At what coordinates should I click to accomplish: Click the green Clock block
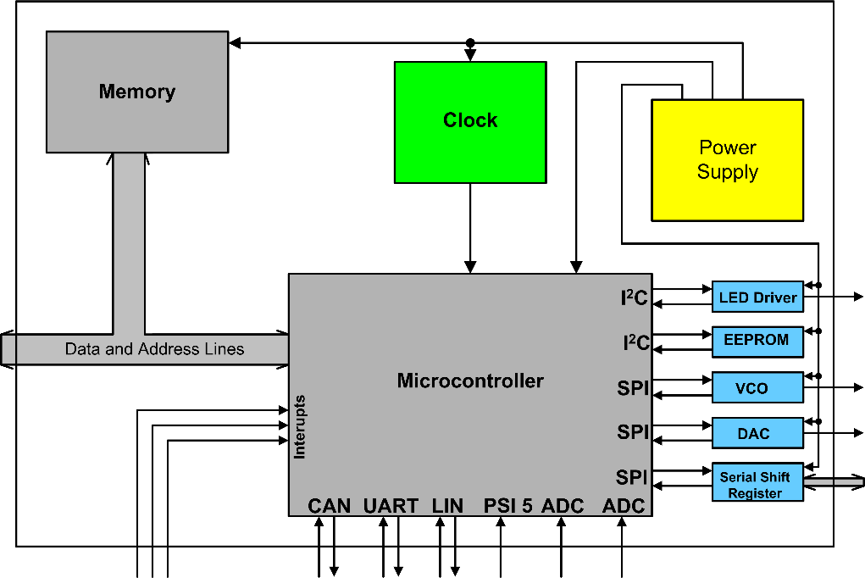tap(470, 122)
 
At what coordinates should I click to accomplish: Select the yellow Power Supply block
tap(727, 160)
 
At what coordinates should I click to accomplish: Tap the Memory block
tap(137, 92)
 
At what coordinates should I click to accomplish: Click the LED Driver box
tap(757, 297)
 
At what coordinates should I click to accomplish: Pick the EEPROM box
tap(757, 342)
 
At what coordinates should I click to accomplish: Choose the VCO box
tap(757, 387)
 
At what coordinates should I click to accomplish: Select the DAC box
tap(757, 433)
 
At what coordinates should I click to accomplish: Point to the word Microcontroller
tap(470, 381)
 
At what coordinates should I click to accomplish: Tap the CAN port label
tap(329, 506)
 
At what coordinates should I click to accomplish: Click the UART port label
tap(391, 506)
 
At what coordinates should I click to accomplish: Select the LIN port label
tap(447, 506)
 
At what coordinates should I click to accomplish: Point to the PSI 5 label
tap(508, 506)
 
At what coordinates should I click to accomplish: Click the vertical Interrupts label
tap(299, 427)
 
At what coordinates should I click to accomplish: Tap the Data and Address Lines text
tap(154, 349)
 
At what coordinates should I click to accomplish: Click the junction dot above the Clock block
tap(470, 42)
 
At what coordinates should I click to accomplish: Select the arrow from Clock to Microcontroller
tap(470, 228)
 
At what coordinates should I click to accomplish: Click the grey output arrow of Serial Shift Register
tap(834, 482)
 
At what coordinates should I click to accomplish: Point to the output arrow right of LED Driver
tap(834, 297)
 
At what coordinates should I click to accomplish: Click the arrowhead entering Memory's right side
tap(235, 42)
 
